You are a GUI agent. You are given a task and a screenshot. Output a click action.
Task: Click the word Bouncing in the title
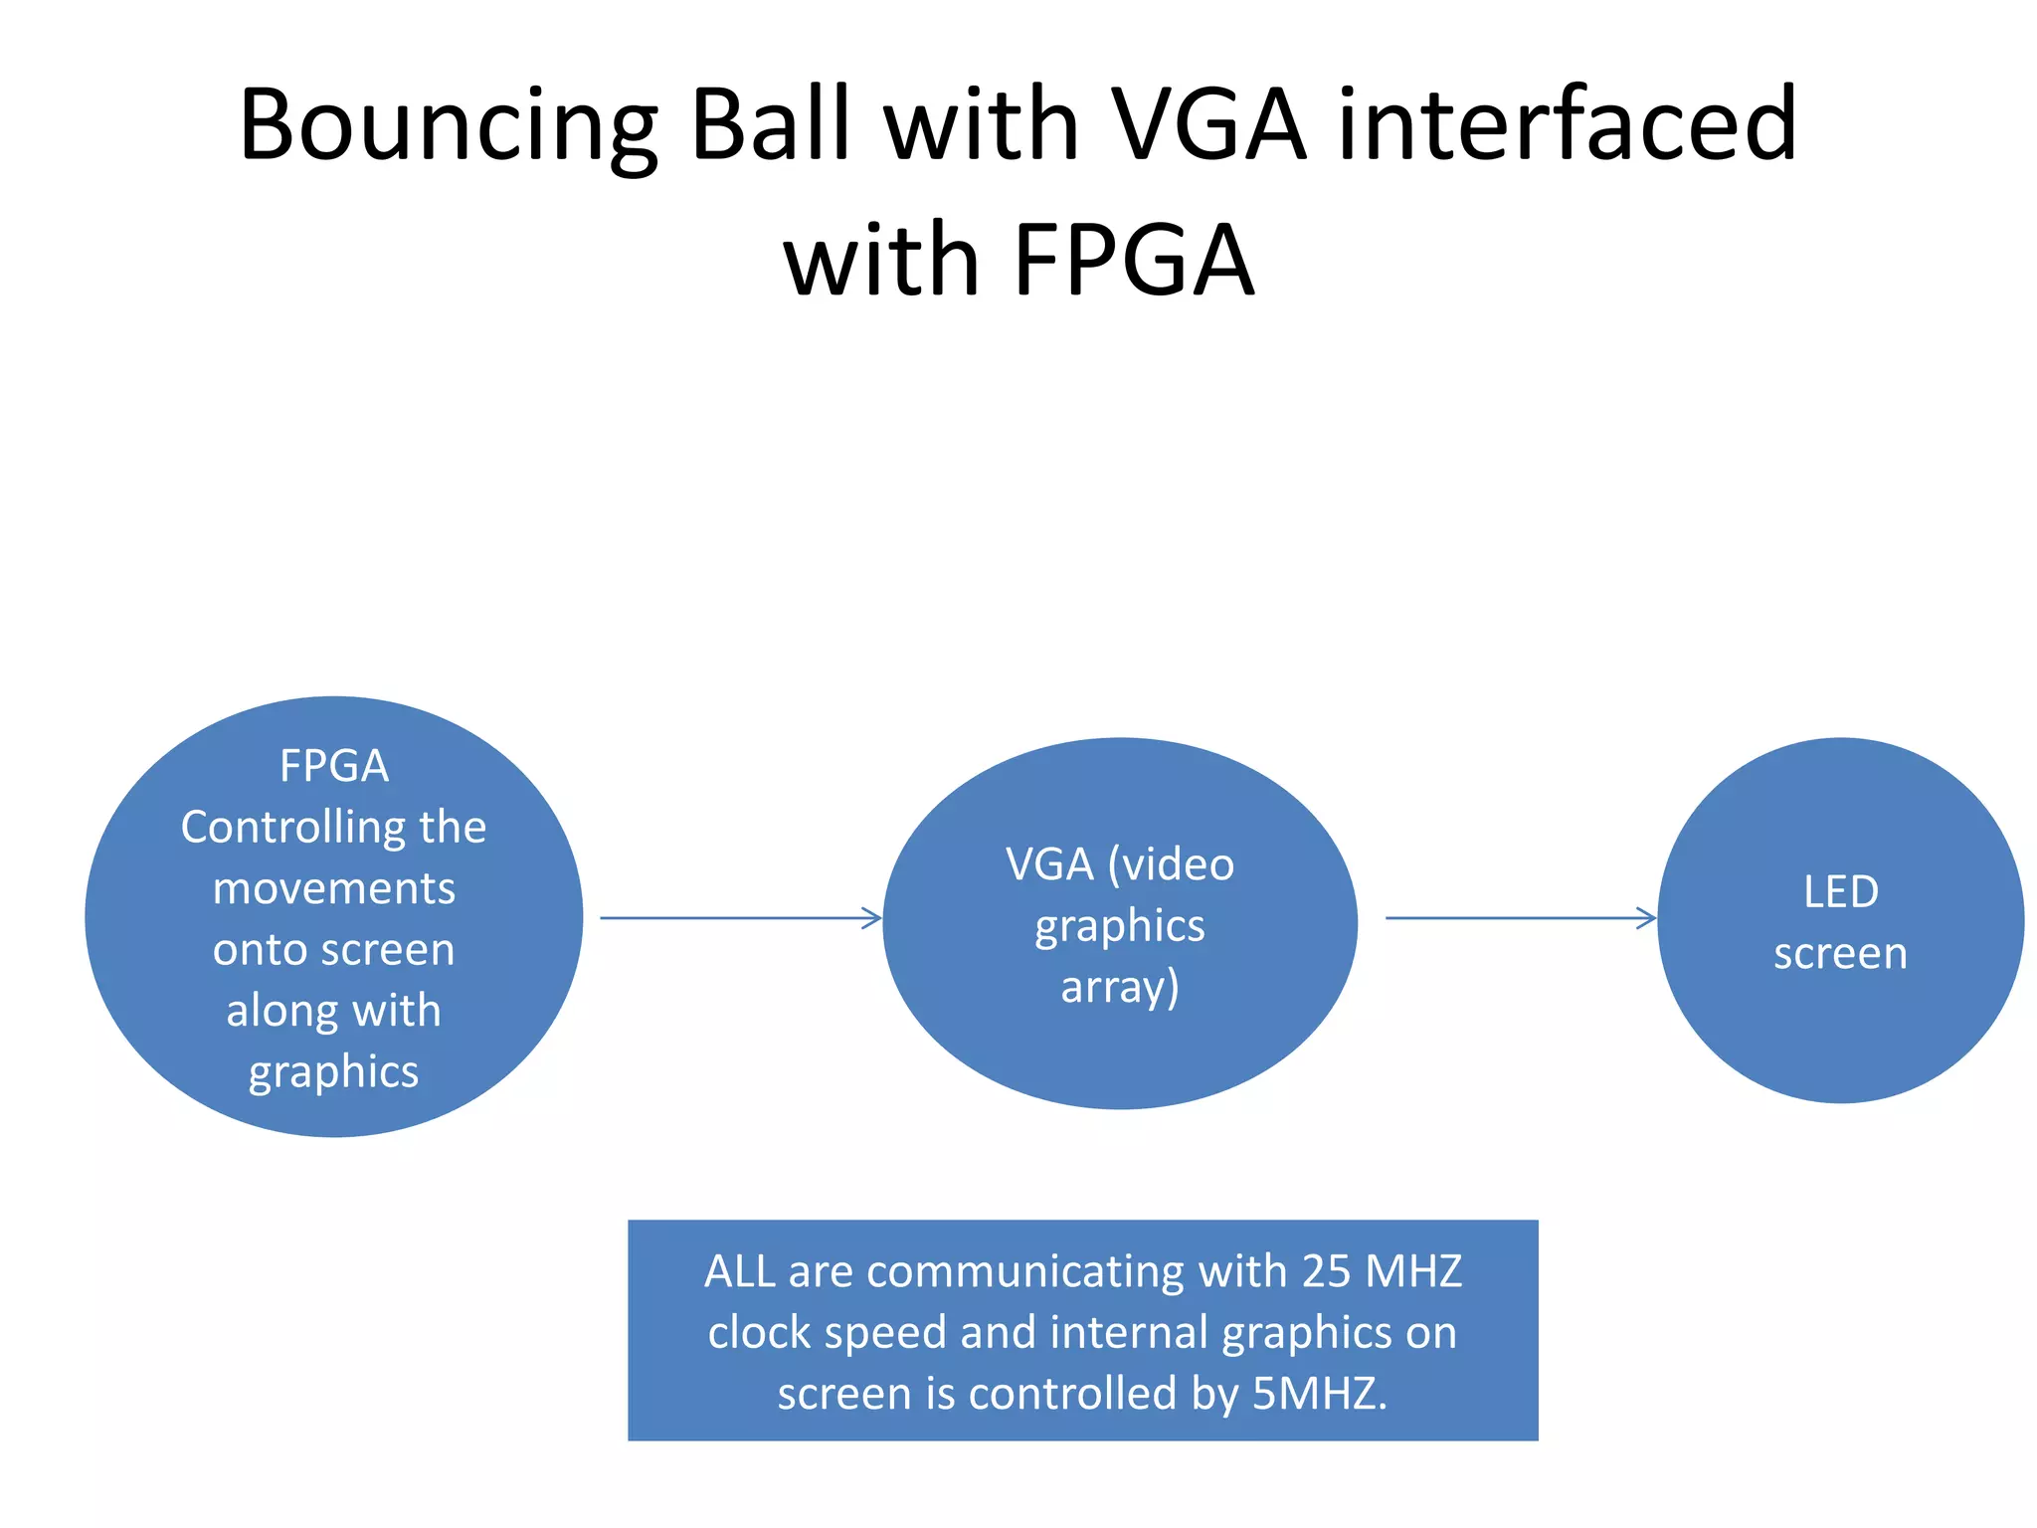(x=449, y=126)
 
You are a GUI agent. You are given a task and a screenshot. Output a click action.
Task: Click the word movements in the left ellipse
(x=334, y=888)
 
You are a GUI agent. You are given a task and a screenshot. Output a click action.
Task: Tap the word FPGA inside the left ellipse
(x=334, y=766)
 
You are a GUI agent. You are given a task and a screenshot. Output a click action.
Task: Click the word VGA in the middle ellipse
(x=1048, y=864)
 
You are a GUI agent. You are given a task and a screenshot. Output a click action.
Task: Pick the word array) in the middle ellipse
(x=1120, y=988)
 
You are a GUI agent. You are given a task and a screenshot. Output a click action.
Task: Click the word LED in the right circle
(x=1840, y=892)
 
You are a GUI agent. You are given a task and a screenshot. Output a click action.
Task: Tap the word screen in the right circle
(x=1840, y=954)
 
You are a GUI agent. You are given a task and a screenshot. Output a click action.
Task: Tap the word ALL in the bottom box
(x=739, y=1272)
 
